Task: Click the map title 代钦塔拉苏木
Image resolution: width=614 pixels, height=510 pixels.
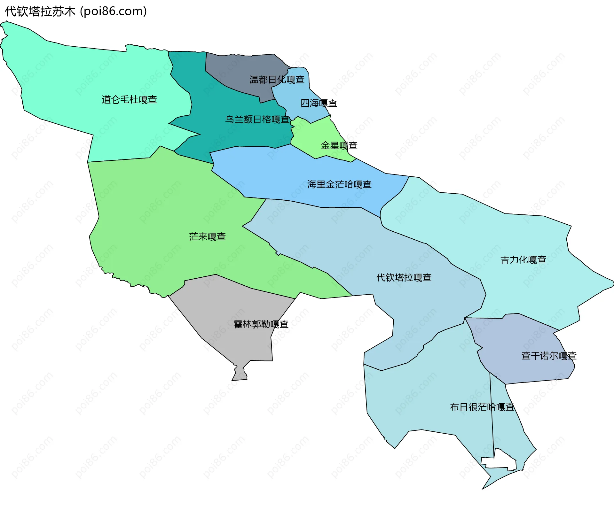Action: (x=40, y=12)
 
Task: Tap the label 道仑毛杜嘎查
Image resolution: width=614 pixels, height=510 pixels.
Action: (x=129, y=100)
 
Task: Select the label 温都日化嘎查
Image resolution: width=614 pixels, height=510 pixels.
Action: (x=277, y=80)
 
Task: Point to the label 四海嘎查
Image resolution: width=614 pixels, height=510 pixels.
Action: (x=319, y=103)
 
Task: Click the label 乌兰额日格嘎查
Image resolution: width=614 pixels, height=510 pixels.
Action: (x=257, y=120)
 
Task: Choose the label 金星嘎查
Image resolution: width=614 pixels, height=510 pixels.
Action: (x=339, y=146)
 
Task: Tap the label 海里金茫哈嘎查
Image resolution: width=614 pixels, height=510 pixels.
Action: (x=339, y=184)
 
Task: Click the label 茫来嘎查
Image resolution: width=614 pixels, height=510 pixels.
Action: (x=207, y=237)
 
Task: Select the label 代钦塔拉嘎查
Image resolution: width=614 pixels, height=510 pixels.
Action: (x=404, y=278)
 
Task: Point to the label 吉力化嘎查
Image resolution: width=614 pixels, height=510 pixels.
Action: (x=523, y=260)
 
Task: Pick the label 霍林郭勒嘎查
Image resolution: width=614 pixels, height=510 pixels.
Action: (x=261, y=324)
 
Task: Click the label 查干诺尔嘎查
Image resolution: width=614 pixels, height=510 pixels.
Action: (x=549, y=356)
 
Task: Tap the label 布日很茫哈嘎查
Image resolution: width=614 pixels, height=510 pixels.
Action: (x=482, y=407)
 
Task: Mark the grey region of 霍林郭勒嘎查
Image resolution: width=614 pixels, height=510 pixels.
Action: (x=230, y=307)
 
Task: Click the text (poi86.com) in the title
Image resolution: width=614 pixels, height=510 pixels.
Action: (x=114, y=12)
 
